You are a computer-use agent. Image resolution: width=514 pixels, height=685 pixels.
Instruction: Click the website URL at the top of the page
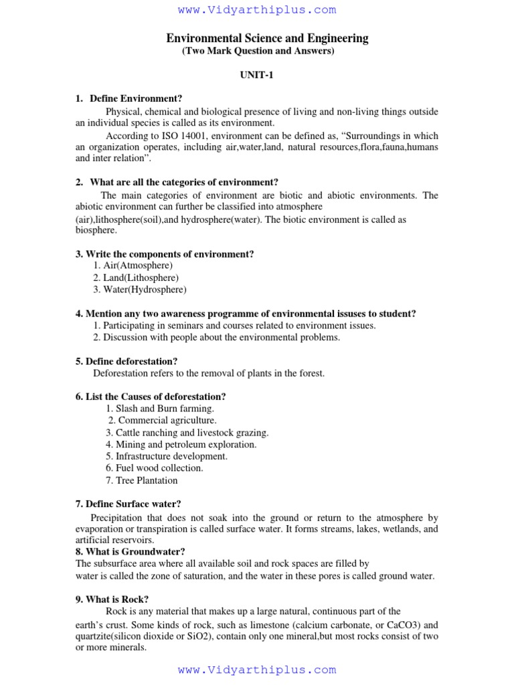click(257, 10)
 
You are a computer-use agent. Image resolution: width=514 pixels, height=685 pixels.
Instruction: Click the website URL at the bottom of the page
click(257, 670)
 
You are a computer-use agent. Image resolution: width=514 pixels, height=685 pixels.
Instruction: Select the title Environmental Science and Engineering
click(267, 38)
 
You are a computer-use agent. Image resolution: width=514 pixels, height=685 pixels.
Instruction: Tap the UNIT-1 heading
click(257, 76)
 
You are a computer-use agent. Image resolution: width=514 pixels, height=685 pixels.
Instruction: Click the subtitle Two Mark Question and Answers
click(258, 52)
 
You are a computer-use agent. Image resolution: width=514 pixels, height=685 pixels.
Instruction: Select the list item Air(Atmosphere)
click(133, 266)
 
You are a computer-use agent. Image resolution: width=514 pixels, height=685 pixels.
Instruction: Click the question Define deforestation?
click(126, 361)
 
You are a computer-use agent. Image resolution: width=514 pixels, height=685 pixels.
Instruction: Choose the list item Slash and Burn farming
click(160, 408)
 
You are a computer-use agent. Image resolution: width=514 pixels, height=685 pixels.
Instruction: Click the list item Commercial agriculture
click(163, 420)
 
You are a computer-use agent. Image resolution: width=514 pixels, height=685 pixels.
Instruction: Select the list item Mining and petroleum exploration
click(181, 444)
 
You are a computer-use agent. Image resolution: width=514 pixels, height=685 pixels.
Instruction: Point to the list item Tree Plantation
click(142, 480)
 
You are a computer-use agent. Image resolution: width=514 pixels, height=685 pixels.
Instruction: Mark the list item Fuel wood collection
click(154, 468)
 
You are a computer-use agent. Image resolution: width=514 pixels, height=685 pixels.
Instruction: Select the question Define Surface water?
click(128, 504)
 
